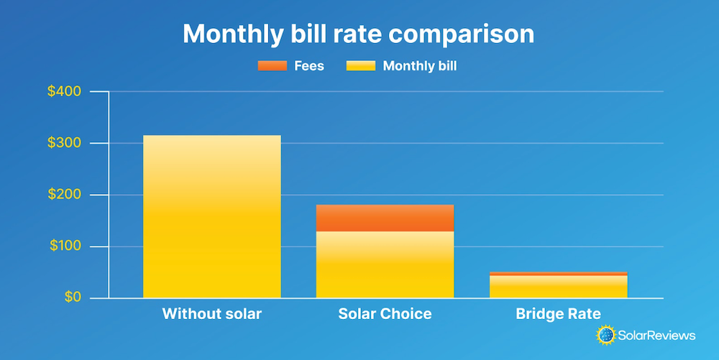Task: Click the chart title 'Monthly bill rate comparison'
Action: click(x=359, y=34)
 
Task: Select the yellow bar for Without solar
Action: click(x=212, y=216)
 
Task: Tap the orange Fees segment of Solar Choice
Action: click(x=385, y=218)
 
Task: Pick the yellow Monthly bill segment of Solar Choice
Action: click(x=385, y=264)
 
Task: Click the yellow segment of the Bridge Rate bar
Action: click(x=558, y=286)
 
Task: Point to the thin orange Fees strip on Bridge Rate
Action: click(x=558, y=273)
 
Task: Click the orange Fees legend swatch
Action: click(x=273, y=66)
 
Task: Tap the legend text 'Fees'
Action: click(x=309, y=66)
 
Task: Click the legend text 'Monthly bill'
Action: click(x=420, y=66)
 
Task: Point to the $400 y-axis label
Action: click(x=65, y=92)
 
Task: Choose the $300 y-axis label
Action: click(x=65, y=144)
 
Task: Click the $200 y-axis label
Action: click(x=65, y=195)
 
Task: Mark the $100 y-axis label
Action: click(x=65, y=246)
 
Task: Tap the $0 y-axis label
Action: click(x=70, y=297)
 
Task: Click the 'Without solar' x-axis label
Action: click(x=212, y=314)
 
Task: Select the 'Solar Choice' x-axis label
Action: click(x=385, y=314)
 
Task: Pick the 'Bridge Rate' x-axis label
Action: click(x=558, y=314)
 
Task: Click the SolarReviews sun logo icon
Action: click(x=605, y=334)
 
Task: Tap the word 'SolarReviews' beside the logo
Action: click(x=656, y=335)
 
